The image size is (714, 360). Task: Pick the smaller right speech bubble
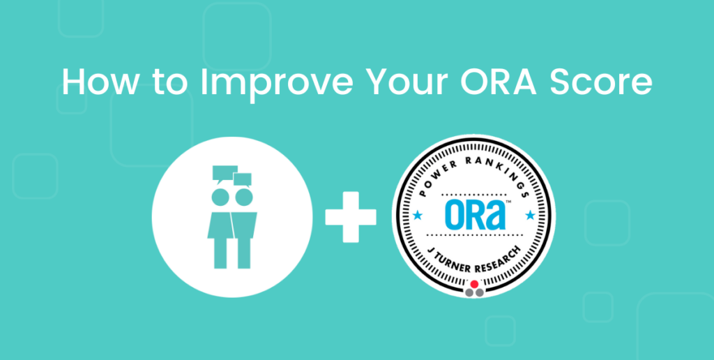click(242, 180)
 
